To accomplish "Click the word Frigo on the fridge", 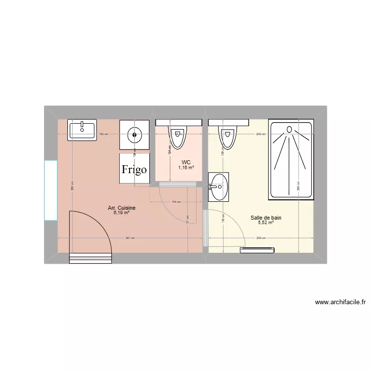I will pos(134,170).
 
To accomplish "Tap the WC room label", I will pos(186,162).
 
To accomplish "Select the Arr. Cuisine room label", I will pos(122,208).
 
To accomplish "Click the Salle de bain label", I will pos(266,218).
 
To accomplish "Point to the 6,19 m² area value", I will pos(122,213).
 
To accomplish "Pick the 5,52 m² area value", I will pos(266,223).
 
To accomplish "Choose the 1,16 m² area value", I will pos(186,168).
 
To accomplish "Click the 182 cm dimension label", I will pos(102,134).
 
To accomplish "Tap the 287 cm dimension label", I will pos(130,238).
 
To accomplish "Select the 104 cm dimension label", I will pos(176,202).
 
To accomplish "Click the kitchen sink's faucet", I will pos(82,124).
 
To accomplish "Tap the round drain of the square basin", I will pos(134,134).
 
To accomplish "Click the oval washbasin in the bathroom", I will pos(219,187).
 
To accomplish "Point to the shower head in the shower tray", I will pos(290,130).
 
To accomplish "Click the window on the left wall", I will pos(50,190).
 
